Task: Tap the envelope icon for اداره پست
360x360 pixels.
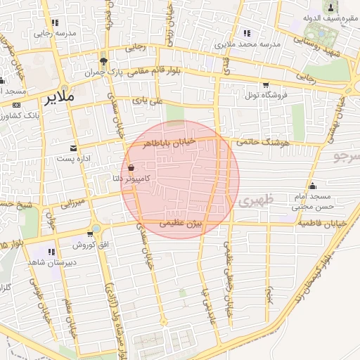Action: coord(74,148)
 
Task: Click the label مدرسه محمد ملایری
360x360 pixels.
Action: coord(247,44)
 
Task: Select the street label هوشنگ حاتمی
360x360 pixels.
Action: coord(264,142)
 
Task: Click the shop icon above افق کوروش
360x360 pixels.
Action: coord(90,235)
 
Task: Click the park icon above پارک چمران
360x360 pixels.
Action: coord(103,62)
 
